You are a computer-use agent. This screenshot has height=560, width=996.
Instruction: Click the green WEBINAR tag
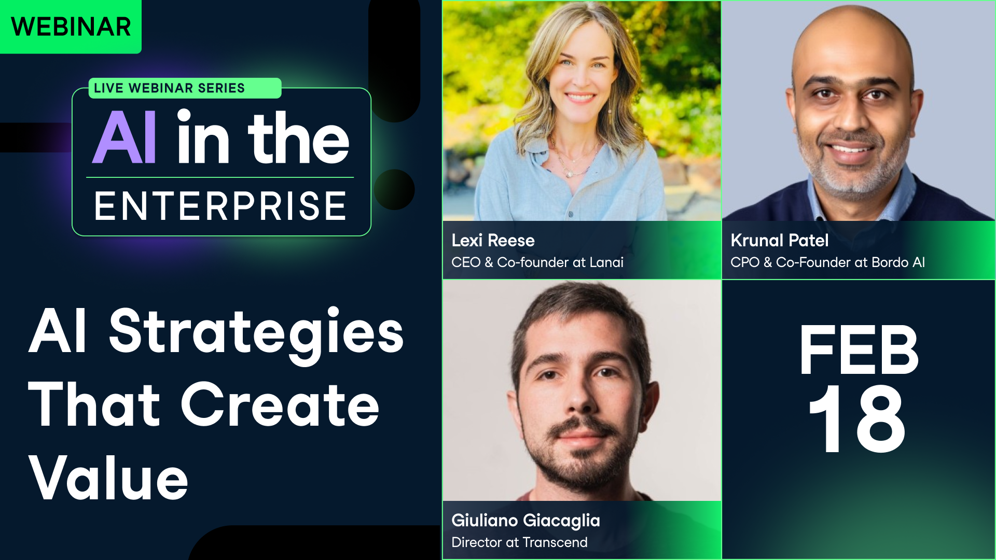pyautogui.click(x=71, y=27)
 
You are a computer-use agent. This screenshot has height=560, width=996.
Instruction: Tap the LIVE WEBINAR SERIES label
pyautogui.click(x=169, y=88)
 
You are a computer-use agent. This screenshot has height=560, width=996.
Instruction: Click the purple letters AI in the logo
pyautogui.click(x=125, y=138)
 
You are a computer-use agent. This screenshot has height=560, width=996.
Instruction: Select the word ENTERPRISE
pyautogui.click(x=220, y=206)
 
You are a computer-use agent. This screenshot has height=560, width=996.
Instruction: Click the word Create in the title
pyautogui.click(x=280, y=405)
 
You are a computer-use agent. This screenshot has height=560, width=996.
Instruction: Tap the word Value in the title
pyautogui.click(x=108, y=478)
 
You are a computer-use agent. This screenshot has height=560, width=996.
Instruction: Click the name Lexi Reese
pyautogui.click(x=493, y=241)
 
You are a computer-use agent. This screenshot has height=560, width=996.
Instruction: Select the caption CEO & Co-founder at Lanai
pyautogui.click(x=537, y=262)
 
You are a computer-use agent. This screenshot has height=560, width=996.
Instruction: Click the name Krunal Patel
pyautogui.click(x=779, y=241)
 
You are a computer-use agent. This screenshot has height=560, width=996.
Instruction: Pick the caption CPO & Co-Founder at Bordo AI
pyautogui.click(x=827, y=262)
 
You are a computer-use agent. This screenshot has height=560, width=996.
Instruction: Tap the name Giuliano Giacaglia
pyautogui.click(x=525, y=521)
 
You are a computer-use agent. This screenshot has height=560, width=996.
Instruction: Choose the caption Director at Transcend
pyautogui.click(x=519, y=542)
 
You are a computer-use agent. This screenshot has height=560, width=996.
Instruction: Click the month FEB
pyautogui.click(x=859, y=350)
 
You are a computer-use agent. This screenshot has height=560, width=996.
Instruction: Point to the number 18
pyautogui.click(x=857, y=419)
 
